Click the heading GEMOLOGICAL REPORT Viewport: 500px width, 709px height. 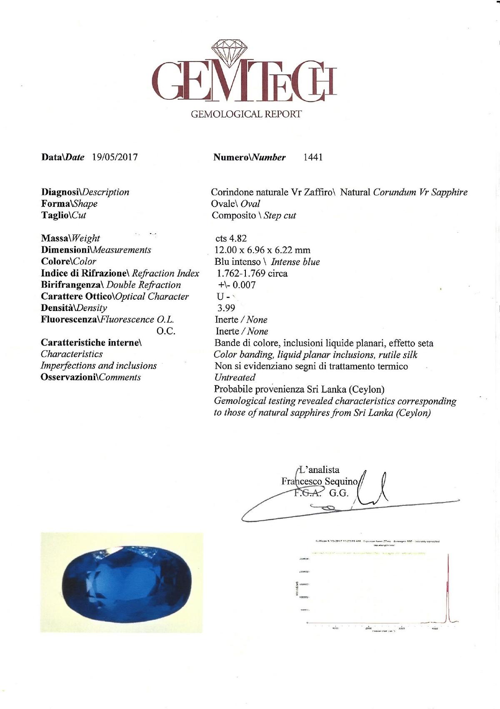pyautogui.click(x=246, y=114)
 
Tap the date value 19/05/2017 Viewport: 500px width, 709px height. pyautogui.click(x=115, y=157)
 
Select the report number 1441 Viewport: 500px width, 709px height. pyautogui.click(x=313, y=157)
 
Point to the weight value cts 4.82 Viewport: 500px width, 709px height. pyautogui.click(x=231, y=238)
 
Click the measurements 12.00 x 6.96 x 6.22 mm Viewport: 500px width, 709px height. pyautogui.click(x=262, y=250)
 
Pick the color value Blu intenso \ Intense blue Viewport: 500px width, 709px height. pyautogui.click(x=267, y=262)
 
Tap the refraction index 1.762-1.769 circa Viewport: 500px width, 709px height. pyautogui.click(x=252, y=274)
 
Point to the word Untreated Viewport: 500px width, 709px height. pyautogui.click(x=235, y=378)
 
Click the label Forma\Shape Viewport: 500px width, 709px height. pyautogui.click(x=69, y=204)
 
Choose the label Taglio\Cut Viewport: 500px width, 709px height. pyautogui.click(x=63, y=215)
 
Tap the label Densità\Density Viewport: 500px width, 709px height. pyautogui.click(x=74, y=308)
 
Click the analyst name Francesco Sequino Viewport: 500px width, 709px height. pyautogui.click(x=319, y=481)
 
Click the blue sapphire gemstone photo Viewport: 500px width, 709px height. pyautogui.click(x=121, y=582)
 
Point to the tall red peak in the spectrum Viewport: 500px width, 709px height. pyautogui.click(x=447, y=583)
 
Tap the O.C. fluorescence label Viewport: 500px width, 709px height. pyautogui.click(x=166, y=331)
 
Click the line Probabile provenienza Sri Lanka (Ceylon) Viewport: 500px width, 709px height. pyautogui.click(x=299, y=389)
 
